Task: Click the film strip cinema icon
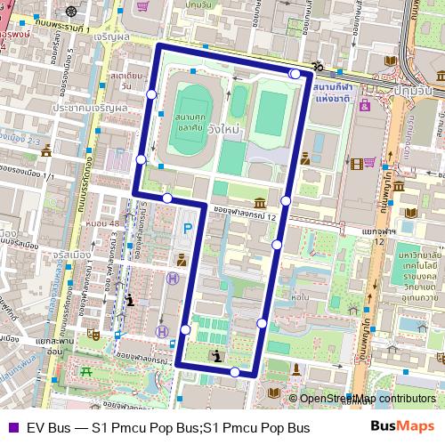(x=357, y=163)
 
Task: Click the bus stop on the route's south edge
(x=235, y=373)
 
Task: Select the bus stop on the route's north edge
(x=295, y=74)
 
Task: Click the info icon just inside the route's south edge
(x=219, y=356)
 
